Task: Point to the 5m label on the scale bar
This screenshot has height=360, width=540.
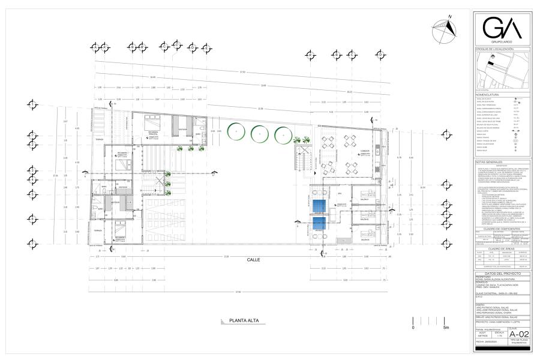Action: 445,328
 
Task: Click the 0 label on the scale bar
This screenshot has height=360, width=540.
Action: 413,328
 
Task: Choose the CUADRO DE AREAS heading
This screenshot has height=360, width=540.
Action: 502,247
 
